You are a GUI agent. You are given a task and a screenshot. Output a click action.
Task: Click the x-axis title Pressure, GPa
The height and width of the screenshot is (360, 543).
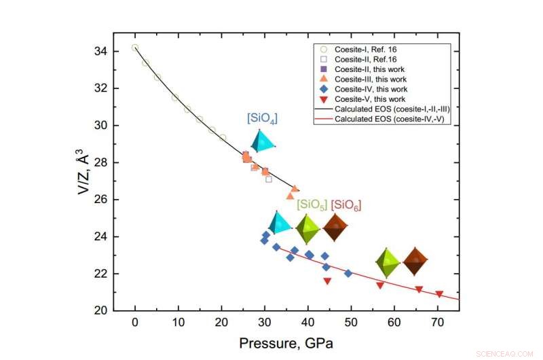pos(286,343)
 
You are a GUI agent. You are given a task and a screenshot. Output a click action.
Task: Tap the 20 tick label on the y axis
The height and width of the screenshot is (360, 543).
pos(99,310)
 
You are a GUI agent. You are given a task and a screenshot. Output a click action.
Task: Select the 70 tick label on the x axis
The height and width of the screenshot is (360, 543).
pos(437,323)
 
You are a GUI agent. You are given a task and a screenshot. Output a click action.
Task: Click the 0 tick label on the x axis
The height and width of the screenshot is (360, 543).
pos(135,323)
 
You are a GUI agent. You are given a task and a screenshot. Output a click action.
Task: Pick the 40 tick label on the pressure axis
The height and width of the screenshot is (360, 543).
pos(307,323)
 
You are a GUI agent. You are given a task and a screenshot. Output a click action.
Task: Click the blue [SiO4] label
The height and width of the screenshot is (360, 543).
pos(262,118)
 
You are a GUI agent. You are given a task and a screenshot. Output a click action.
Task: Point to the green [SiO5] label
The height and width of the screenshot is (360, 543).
pos(312,205)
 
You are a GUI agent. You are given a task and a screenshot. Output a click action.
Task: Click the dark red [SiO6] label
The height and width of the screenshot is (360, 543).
pos(345,205)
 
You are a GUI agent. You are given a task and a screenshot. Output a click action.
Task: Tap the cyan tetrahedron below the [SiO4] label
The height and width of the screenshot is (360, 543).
pos(263,141)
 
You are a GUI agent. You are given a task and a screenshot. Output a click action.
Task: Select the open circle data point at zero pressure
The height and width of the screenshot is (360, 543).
pos(135,48)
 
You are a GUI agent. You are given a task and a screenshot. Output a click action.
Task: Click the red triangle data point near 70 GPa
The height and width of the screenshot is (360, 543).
pos(439,294)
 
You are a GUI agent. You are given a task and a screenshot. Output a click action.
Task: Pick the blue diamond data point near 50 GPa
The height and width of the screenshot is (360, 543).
pos(348,273)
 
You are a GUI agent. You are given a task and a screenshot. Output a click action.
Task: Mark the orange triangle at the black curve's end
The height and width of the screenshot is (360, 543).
pos(295,189)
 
